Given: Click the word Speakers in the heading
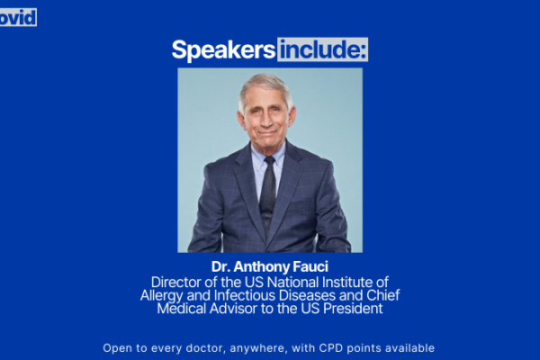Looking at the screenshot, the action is pyautogui.click(x=223, y=50).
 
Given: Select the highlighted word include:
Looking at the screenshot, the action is pyautogui.click(x=323, y=49).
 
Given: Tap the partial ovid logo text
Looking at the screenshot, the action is pyautogui.click(x=18, y=18).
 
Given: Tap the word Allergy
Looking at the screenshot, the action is pyautogui.click(x=161, y=296).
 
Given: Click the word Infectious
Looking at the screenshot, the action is pyautogui.click(x=245, y=295).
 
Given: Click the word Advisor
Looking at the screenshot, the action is pyautogui.click(x=233, y=309).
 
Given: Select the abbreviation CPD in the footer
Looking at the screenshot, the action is pyautogui.click(x=331, y=348).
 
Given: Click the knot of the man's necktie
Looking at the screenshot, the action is pyautogui.click(x=269, y=161).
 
